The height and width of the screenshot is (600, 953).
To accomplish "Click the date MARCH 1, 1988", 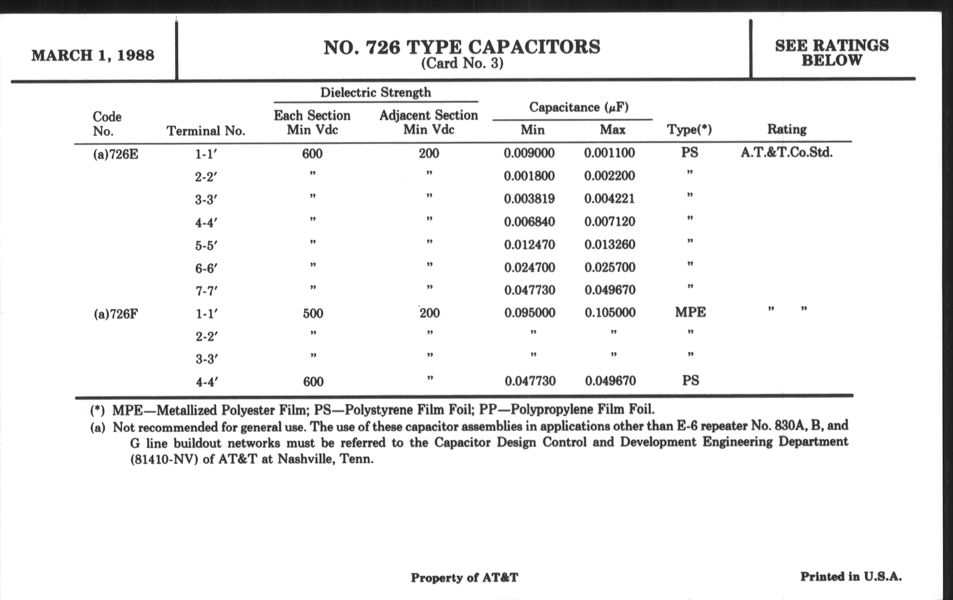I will (92, 55).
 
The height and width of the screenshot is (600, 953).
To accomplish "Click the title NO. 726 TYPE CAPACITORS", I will (462, 47).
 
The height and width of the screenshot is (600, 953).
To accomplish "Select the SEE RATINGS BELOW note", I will (832, 53).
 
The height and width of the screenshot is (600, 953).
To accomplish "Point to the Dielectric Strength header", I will (375, 93).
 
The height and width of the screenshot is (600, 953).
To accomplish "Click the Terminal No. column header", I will (206, 131).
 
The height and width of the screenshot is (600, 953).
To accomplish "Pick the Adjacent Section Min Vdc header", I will (429, 122).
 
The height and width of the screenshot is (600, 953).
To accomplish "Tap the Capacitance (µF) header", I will (579, 107).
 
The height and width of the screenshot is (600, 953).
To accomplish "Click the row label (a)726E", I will (116, 154).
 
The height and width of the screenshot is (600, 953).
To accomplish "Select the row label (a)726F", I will (116, 314).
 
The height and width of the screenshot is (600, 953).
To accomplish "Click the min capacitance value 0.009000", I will (529, 153).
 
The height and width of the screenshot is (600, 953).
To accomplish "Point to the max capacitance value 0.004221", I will (609, 199).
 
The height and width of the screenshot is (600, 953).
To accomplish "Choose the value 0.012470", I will (529, 245).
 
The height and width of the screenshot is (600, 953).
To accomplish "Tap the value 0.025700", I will (610, 267).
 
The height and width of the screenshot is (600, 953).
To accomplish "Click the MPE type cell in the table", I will (690, 313).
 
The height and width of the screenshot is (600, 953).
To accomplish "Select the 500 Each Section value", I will (313, 314).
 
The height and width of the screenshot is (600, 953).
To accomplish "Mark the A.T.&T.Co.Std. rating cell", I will (787, 153).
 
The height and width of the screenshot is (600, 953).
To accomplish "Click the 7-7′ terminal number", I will (206, 291).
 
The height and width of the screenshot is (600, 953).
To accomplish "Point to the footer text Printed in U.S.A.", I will (851, 576).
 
